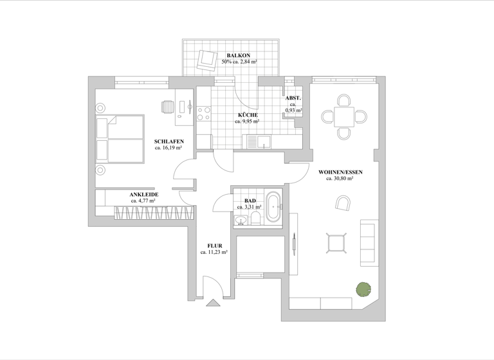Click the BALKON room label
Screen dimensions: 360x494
[239, 55]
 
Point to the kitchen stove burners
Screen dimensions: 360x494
[204, 114]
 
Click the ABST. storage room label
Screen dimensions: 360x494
[293, 98]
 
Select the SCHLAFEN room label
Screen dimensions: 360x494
[169, 141]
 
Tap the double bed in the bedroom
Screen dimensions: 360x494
[120, 138]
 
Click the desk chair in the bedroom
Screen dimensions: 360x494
[168, 107]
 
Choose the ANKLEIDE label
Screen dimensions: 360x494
[143, 194]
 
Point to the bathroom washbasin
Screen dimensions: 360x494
[241, 221]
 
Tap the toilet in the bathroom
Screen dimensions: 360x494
[255, 219]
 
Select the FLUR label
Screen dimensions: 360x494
[214, 246]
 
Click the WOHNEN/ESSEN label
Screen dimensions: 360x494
[340, 172]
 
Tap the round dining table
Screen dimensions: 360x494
[344, 117]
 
